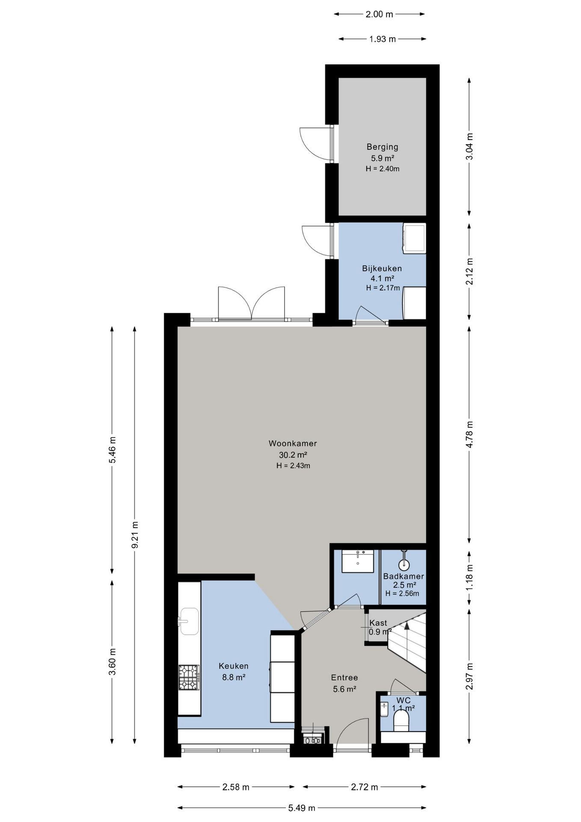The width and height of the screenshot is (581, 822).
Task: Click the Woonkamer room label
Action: tap(293, 444)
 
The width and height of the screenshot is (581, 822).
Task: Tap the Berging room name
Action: tap(382, 147)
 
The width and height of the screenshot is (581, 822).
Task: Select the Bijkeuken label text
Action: tap(382, 269)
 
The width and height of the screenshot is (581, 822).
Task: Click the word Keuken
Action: tap(234, 666)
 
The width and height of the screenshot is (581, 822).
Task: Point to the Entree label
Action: tap(344, 677)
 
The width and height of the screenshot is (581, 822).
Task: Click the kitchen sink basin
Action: tap(189, 621)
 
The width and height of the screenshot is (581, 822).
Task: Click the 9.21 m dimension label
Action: tap(135, 534)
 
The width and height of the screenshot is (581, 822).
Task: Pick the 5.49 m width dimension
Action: tap(302, 808)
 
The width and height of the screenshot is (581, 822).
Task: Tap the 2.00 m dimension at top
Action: tap(379, 14)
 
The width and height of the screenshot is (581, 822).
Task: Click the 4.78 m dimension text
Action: tap(469, 434)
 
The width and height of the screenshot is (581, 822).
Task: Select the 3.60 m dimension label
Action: tap(112, 661)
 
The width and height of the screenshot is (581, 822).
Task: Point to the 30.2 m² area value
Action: tap(293, 455)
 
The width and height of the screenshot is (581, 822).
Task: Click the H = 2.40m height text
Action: tap(382, 169)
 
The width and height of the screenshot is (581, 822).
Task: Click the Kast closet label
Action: tap(378, 623)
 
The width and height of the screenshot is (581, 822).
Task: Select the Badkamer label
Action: tap(403, 576)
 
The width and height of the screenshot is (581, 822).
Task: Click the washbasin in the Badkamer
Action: tap(358, 561)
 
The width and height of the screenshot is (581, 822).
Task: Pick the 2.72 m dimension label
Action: tap(365, 787)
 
